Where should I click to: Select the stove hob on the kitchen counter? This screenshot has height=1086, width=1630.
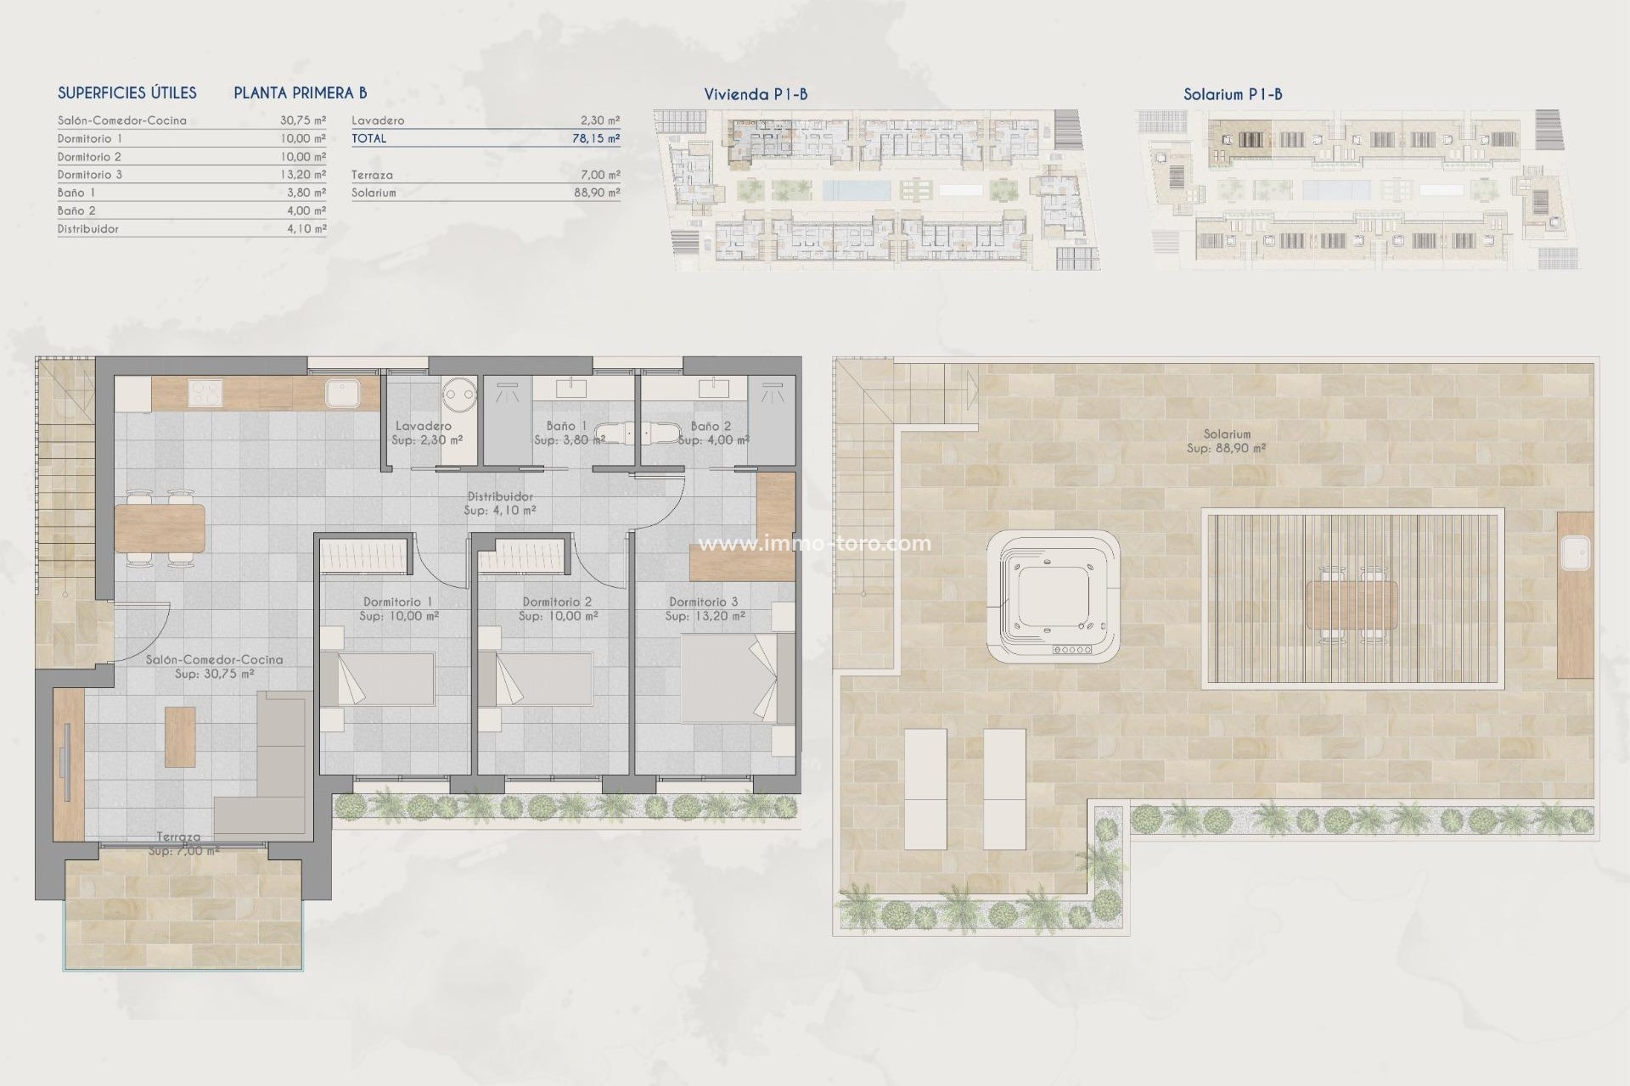click(205, 394)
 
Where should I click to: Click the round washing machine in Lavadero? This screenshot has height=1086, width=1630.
click(459, 394)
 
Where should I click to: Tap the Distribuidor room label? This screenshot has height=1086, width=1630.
click(500, 496)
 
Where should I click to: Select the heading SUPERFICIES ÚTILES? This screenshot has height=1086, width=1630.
click(127, 93)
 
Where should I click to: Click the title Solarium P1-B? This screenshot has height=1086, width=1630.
click(1233, 94)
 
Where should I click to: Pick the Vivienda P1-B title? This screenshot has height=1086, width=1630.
click(756, 94)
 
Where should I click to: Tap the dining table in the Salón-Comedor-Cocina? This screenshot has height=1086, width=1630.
click(160, 528)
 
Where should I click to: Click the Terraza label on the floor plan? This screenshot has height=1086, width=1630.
click(178, 837)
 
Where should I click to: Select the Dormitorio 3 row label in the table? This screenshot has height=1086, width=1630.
click(84, 175)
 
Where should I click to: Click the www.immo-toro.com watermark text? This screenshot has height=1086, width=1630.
click(813, 543)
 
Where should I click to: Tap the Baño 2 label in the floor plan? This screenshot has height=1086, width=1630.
click(711, 426)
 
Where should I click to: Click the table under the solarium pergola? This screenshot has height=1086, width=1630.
click(1352, 603)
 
